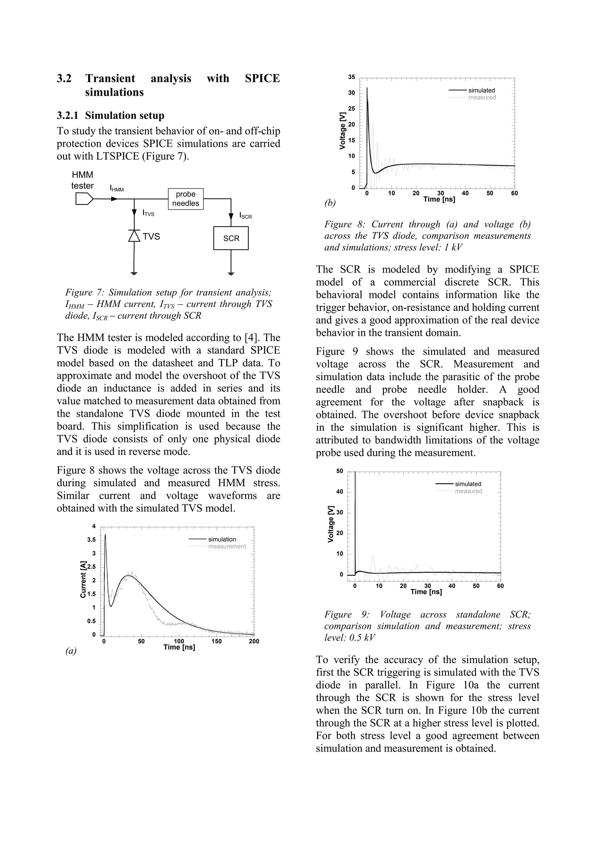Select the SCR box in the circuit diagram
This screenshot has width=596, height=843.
point(231,238)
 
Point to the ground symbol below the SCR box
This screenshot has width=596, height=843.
point(231,273)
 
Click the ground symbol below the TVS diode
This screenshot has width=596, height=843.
point(134,273)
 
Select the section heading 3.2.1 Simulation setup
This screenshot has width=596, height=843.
point(110,116)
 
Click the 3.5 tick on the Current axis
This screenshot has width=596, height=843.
point(91,540)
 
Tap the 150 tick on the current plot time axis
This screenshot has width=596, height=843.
point(217,641)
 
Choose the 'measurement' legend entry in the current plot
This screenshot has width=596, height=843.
point(227,546)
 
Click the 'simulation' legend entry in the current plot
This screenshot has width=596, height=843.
point(222,539)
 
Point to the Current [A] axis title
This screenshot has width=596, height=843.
point(83,579)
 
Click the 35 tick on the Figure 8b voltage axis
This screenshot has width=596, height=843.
point(352,77)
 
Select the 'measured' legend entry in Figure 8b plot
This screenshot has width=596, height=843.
point(482,97)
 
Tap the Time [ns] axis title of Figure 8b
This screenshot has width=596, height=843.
point(439,199)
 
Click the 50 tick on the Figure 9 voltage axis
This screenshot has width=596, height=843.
point(340,471)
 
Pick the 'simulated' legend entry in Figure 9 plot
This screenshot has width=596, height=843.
point(468,484)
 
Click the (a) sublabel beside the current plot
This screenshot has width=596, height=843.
point(71,651)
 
